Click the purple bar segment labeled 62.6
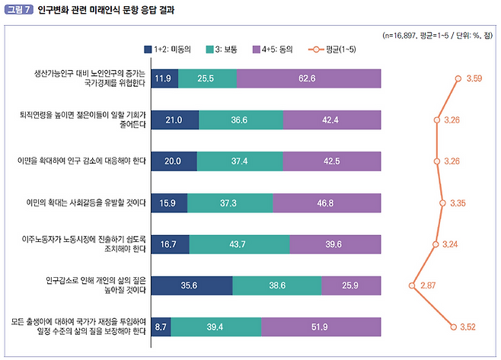(x=309, y=78)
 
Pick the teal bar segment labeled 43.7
(x=240, y=244)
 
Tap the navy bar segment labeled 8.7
(x=161, y=327)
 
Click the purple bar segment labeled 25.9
(x=351, y=285)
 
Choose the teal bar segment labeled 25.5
(x=208, y=78)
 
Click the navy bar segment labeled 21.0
(x=175, y=119)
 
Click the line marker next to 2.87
(x=412, y=285)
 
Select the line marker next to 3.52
(x=455, y=327)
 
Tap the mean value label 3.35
(x=458, y=203)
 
